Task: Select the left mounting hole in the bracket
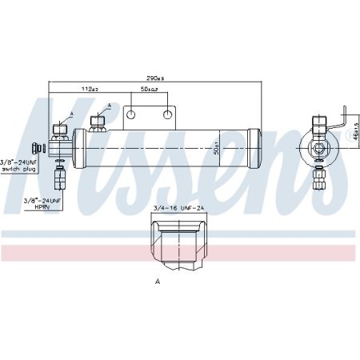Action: point(132,114)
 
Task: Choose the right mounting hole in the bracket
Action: point(167,114)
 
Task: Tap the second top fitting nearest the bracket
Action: point(98,122)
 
